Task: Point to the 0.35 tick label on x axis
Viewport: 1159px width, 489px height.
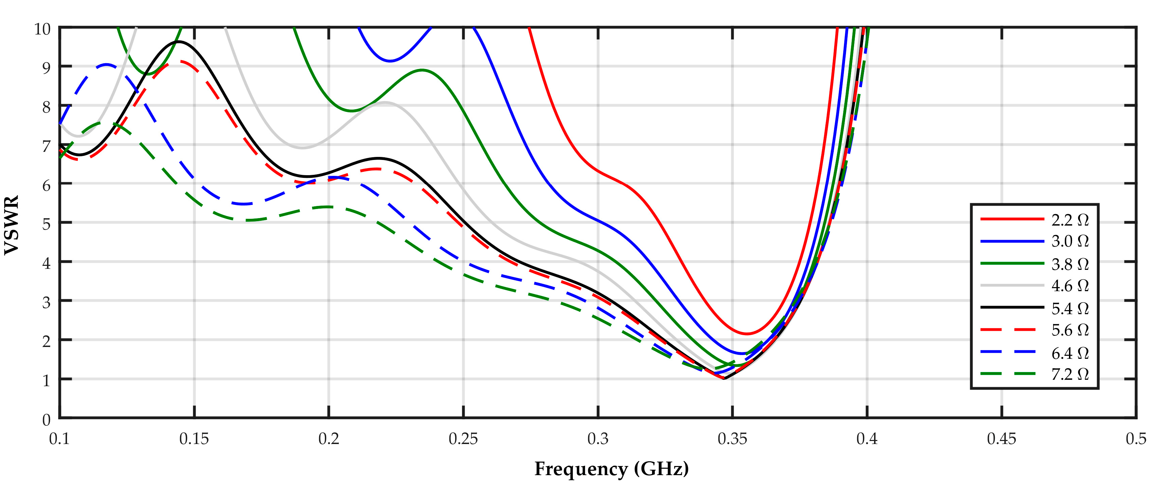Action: pos(732,439)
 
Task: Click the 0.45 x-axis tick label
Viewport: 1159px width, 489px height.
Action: pos(1002,439)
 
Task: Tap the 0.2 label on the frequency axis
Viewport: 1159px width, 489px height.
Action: pos(329,439)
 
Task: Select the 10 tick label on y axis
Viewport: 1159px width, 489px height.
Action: pos(42,29)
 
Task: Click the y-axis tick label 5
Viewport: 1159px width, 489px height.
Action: pos(46,224)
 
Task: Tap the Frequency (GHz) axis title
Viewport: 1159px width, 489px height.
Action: pos(611,469)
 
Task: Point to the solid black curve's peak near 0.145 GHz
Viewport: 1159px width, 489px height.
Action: pos(179,42)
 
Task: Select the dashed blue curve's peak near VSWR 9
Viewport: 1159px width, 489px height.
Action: pos(106,65)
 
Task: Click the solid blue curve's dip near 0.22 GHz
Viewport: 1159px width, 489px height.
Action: pos(390,61)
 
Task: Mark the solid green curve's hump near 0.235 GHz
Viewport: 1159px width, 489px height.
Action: pos(422,70)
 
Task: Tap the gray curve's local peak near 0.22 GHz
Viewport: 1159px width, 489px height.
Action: pos(385,102)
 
